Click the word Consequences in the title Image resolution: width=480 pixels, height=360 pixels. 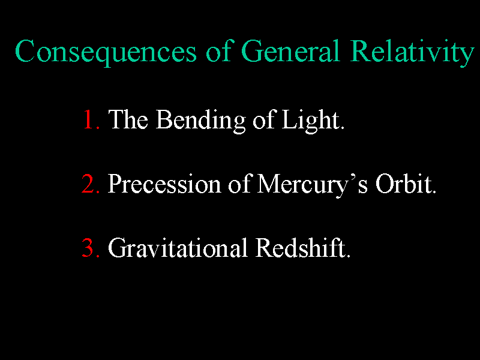click(x=106, y=52)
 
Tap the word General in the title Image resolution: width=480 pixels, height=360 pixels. click(x=290, y=51)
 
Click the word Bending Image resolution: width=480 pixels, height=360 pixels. click(x=200, y=121)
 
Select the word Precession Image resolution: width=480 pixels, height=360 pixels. click(x=164, y=184)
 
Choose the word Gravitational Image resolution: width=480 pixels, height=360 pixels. click(x=178, y=248)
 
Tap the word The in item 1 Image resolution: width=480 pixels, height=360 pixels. click(x=128, y=119)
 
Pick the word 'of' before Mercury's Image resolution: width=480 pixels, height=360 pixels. click(x=239, y=184)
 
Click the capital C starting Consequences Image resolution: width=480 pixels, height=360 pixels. click(x=25, y=51)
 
